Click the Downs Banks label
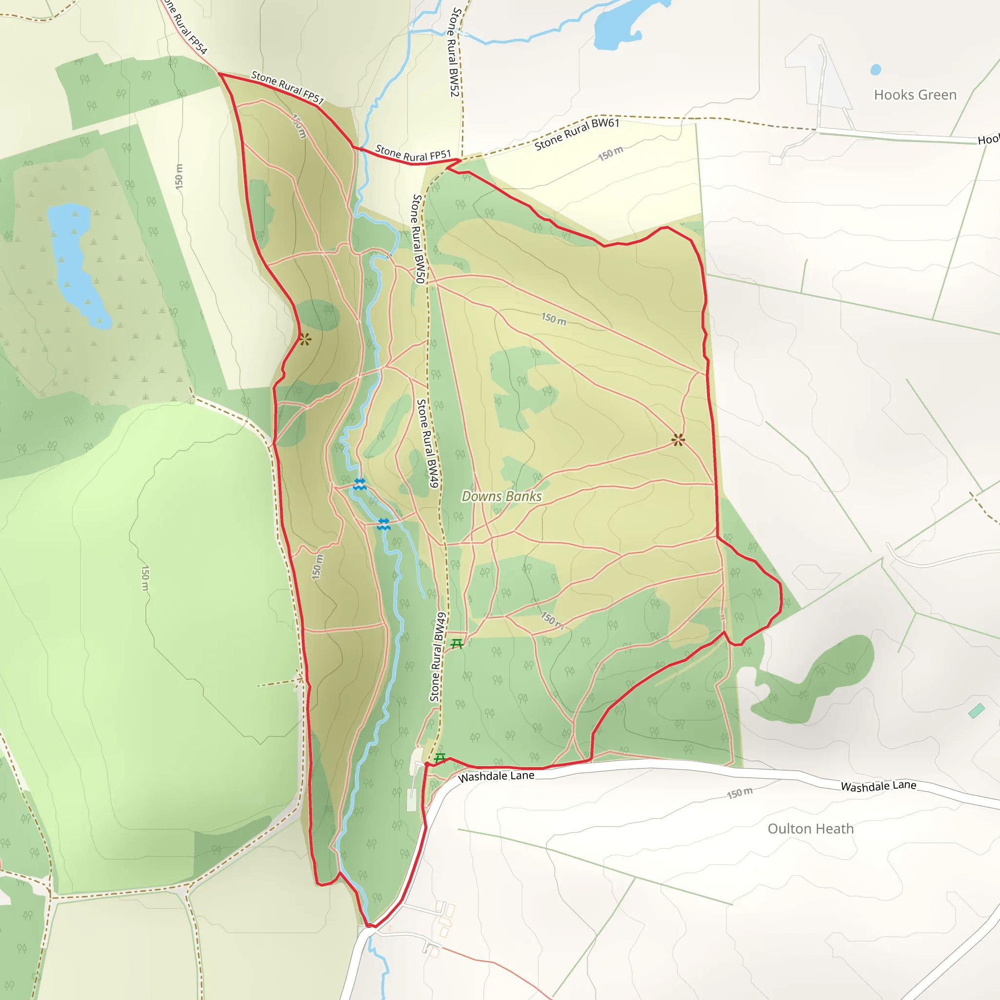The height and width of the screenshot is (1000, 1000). coord(501,497)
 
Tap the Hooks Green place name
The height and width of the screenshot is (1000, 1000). coord(915,95)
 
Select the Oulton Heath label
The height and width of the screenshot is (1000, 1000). coord(810,829)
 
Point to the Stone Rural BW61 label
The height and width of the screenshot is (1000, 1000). coord(577,133)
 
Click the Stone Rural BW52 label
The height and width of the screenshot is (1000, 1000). coord(454,52)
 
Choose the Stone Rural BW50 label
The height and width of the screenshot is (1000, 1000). coord(418,239)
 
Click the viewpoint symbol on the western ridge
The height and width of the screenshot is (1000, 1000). coord(305,339)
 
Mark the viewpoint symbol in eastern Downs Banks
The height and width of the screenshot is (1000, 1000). coord(678,440)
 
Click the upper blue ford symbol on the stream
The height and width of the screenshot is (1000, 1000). coord(360,484)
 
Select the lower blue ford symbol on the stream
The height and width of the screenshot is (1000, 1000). coord(383,524)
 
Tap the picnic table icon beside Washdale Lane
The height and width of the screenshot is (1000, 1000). coord(440,758)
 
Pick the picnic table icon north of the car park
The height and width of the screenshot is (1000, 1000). coord(457,644)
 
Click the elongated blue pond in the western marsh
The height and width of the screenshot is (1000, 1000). coord(78,264)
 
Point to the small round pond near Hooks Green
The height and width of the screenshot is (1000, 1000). coord(876,69)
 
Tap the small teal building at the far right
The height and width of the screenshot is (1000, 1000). coord(976,710)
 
